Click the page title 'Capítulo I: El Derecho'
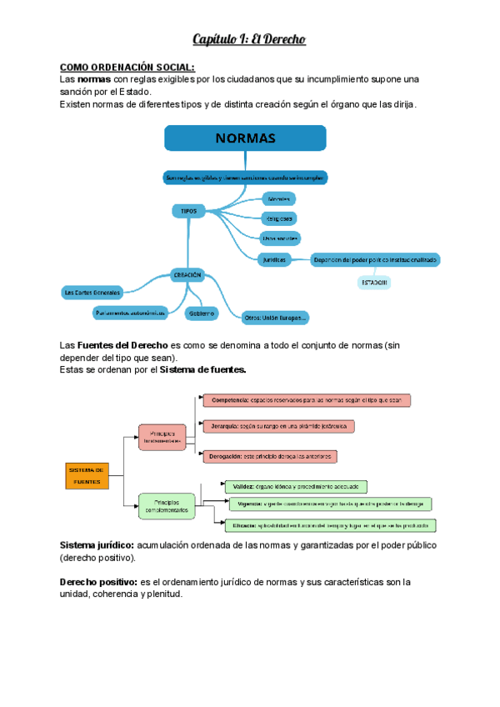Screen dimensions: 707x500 click(x=250, y=38)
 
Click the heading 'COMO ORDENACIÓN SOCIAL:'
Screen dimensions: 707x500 click(x=127, y=67)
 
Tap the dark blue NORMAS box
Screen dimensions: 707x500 click(x=246, y=138)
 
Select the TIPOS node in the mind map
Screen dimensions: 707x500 click(x=189, y=212)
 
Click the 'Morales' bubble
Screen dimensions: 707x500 click(x=279, y=199)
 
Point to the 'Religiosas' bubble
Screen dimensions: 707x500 click(x=279, y=218)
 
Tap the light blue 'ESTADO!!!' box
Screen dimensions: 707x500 click(x=374, y=283)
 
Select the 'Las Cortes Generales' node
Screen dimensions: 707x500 click(x=92, y=292)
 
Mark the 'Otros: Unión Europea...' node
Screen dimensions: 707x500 click(x=274, y=317)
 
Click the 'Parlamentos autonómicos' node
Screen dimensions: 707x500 click(x=129, y=313)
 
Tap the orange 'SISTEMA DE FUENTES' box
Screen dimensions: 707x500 click(x=87, y=475)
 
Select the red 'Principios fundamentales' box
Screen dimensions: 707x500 click(x=162, y=437)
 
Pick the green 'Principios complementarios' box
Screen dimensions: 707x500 click(x=166, y=505)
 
